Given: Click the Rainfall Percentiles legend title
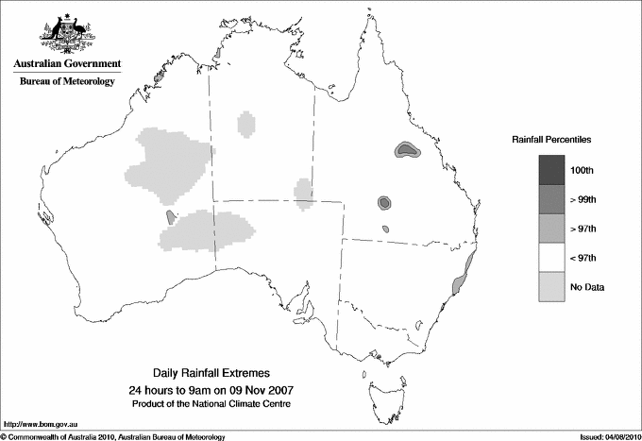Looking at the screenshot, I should [551, 139].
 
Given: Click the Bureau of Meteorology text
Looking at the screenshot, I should [67, 81].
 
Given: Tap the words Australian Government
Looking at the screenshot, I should [67, 64].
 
